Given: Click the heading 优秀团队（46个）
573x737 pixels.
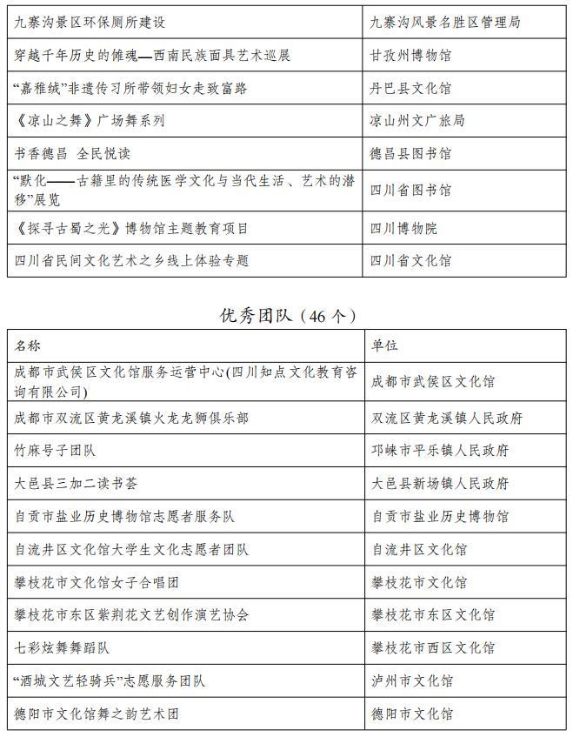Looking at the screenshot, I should click(x=287, y=315).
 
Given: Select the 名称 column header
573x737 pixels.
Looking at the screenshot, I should click(x=28, y=345).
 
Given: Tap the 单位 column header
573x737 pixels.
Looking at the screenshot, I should click(x=384, y=345).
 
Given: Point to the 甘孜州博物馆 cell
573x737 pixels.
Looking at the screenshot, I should click(x=410, y=56).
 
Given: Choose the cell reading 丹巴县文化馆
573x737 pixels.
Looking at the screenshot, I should click(x=410, y=88).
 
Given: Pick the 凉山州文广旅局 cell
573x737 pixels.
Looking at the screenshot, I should click(x=417, y=121).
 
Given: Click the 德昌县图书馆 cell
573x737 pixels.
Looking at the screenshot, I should click(x=410, y=154).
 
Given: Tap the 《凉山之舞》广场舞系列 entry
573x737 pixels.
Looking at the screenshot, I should click(x=90, y=121).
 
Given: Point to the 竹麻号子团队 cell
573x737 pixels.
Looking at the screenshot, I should click(x=56, y=451).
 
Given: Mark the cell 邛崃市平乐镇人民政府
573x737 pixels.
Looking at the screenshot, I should click(x=440, y=451).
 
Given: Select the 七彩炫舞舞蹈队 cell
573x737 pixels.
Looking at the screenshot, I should click(x=63, y=648).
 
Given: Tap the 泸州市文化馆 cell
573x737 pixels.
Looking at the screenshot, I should click(x=412, y=681).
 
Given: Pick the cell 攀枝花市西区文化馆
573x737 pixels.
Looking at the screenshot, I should click(x=433, y=648).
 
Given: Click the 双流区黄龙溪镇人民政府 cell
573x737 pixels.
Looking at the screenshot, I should click(x=447, y=419).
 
